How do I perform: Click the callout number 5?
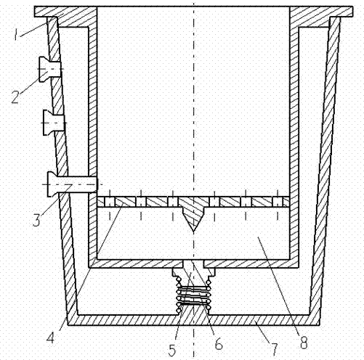172,350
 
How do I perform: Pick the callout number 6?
219,343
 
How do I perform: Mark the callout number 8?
304,343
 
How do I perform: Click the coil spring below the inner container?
193,295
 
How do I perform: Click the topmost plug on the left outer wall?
49,70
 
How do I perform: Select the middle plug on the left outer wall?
54,123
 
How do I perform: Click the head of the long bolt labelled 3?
52,184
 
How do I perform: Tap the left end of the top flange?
34,12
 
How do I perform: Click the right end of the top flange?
352,12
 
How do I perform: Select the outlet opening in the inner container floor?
193,263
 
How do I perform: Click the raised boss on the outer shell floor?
193,310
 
